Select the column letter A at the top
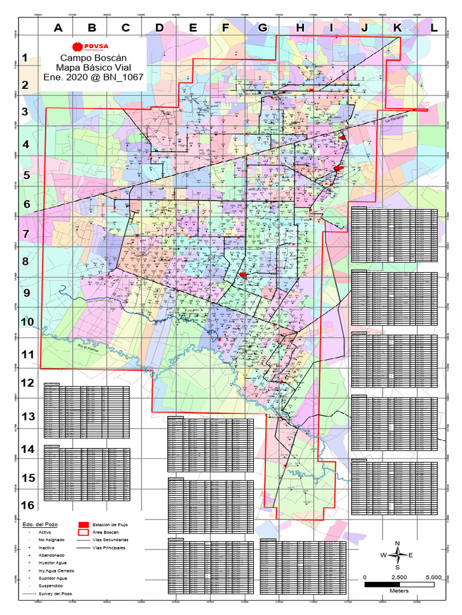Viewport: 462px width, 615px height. click(58, 27)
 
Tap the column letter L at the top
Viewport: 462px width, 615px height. click(434, 27)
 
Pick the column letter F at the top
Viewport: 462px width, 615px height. click(226, 27)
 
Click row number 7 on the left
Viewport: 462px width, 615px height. click(26, 234)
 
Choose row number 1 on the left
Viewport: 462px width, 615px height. click(26, 58)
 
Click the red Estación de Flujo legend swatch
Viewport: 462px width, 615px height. click(84, 524)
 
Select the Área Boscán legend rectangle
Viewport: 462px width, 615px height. click(84, 532)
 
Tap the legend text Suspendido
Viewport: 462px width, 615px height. click(50, 585)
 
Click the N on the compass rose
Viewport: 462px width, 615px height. click(397, 544)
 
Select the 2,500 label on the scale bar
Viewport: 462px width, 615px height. click(399, 577)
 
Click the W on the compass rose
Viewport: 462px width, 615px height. click(383, 555)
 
